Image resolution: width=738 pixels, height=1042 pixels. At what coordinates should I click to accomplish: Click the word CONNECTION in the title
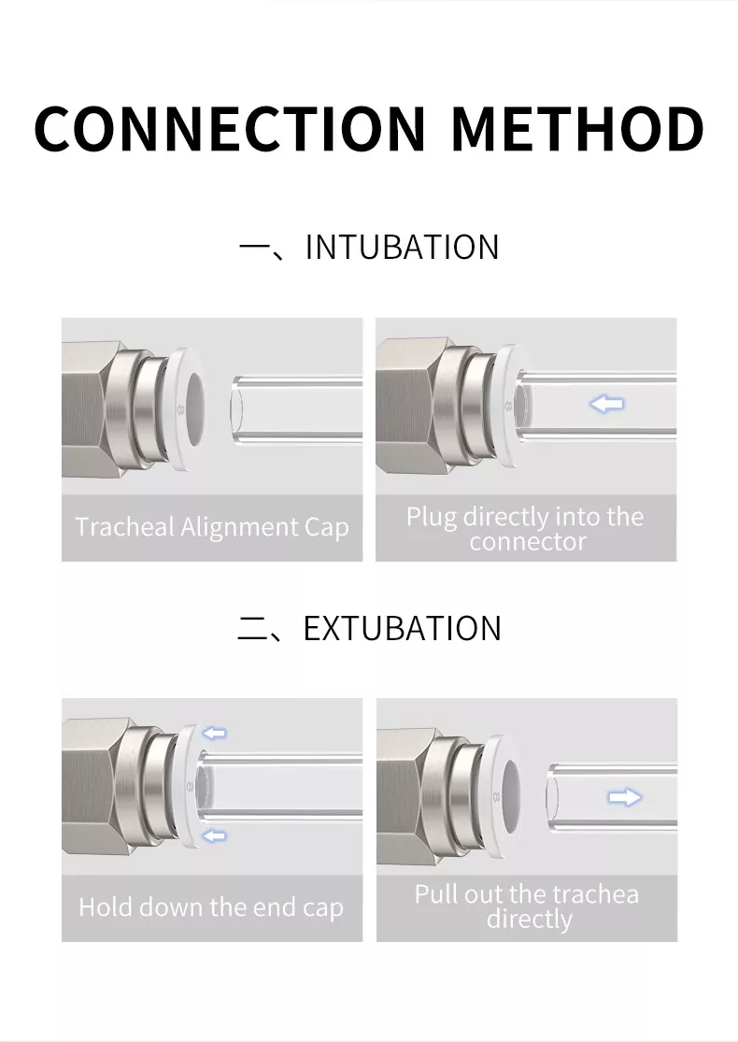pyautogui.click(x=229, y=128)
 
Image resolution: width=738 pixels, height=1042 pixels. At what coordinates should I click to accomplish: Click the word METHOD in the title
pyautogui.click(x=577, y=128)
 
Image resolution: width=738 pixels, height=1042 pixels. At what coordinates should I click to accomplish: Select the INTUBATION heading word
pyautogui.click(x=402, y=248)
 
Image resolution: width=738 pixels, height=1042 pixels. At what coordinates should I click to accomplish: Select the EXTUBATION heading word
pyautogui.click(x=402, y=628)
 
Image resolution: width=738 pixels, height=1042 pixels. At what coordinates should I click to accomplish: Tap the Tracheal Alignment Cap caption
pyautogui.click(x=212, y=527)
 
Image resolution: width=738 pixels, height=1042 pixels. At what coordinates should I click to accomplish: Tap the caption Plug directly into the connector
pyautogui.click(x=525, y=528)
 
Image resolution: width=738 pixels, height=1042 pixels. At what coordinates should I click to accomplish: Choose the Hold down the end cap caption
pyautogui.click(x=211, y=907)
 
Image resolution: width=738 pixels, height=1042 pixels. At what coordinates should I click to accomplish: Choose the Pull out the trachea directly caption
pyautogui.click(x=527, y=906)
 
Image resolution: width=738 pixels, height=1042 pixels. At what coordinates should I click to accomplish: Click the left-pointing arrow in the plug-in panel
pyautogui.click(x=607, y=403)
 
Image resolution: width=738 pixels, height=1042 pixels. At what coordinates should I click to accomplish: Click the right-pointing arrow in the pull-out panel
pyautogui.click(x=624, y=796)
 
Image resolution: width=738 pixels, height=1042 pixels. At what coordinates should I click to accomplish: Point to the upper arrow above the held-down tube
pyautogui.click(x=214, y=733)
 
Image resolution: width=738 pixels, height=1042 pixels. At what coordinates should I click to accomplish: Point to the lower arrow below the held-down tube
pyautogui.click(x=214, y=835)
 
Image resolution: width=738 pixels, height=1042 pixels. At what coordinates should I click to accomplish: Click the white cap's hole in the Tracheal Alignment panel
pyautogui.click(x=194, y=408)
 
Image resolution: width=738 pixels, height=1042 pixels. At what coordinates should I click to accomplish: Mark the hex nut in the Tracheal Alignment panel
pyautogui.click(x=91, y=408)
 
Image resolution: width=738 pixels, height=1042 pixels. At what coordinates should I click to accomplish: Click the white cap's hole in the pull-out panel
pyautogui.click(x=509, y=795)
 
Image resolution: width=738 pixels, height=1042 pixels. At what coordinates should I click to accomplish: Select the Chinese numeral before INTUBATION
pyautogui.click(x=252, y=249)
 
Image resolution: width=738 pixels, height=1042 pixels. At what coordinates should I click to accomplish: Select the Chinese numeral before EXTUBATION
pyautogui.click(x=251, y=629)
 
